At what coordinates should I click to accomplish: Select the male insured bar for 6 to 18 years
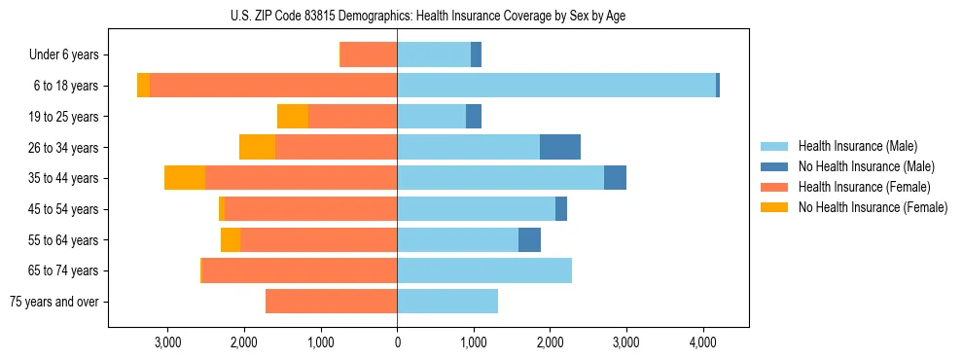click(x=556, y=86)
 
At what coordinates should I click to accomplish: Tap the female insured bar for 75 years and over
click(x=331, y=302)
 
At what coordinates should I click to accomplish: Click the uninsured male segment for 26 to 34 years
click(x=560, y=147)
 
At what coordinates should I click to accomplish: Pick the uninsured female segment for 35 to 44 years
click(x=185, y=178)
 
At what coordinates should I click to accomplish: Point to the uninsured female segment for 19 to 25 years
click(x=293, y=117)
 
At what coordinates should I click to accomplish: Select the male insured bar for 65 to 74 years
click(x=484, y=270)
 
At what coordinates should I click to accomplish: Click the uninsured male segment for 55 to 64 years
click(x=529, y=239)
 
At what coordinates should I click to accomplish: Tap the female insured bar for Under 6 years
click(x=369, y=54)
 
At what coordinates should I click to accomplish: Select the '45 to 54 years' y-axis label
click(x=62, y=209)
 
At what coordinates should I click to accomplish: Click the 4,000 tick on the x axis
click(x=703, y=342)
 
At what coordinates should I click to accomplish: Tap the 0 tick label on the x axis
click(x=397, y=342)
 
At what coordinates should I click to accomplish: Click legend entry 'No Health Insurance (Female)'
click(x=873, y=207)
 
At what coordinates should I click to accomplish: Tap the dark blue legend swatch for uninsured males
click(x=774, y=166)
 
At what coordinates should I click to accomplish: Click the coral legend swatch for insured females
click(x=774, y=187)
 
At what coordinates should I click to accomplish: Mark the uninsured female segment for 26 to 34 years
click(x=257, y=147)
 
